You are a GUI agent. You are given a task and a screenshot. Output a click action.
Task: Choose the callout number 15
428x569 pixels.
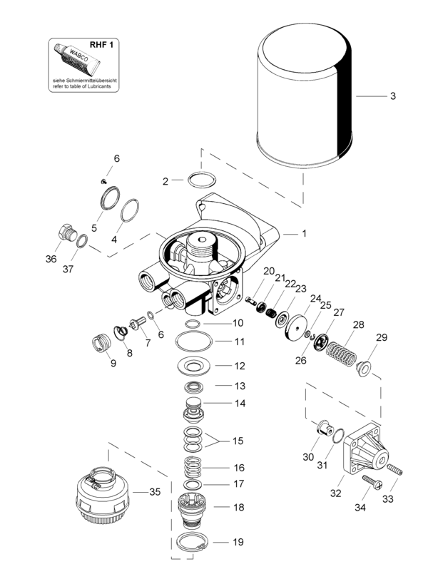(237, 440)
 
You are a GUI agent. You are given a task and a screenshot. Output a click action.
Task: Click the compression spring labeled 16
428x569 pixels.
(191, 467)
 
